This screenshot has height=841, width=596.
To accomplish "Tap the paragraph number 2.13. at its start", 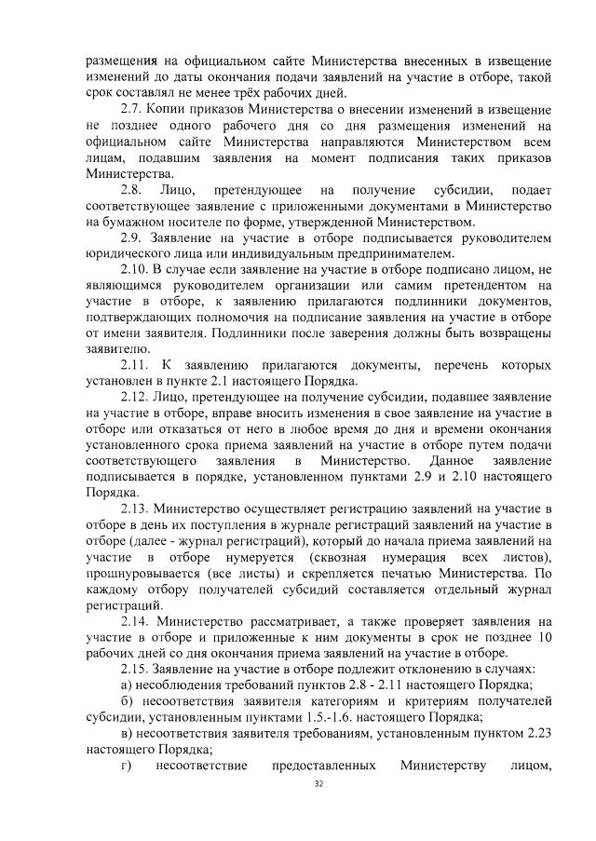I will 138,508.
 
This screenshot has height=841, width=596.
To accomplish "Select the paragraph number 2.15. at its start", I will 138,668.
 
